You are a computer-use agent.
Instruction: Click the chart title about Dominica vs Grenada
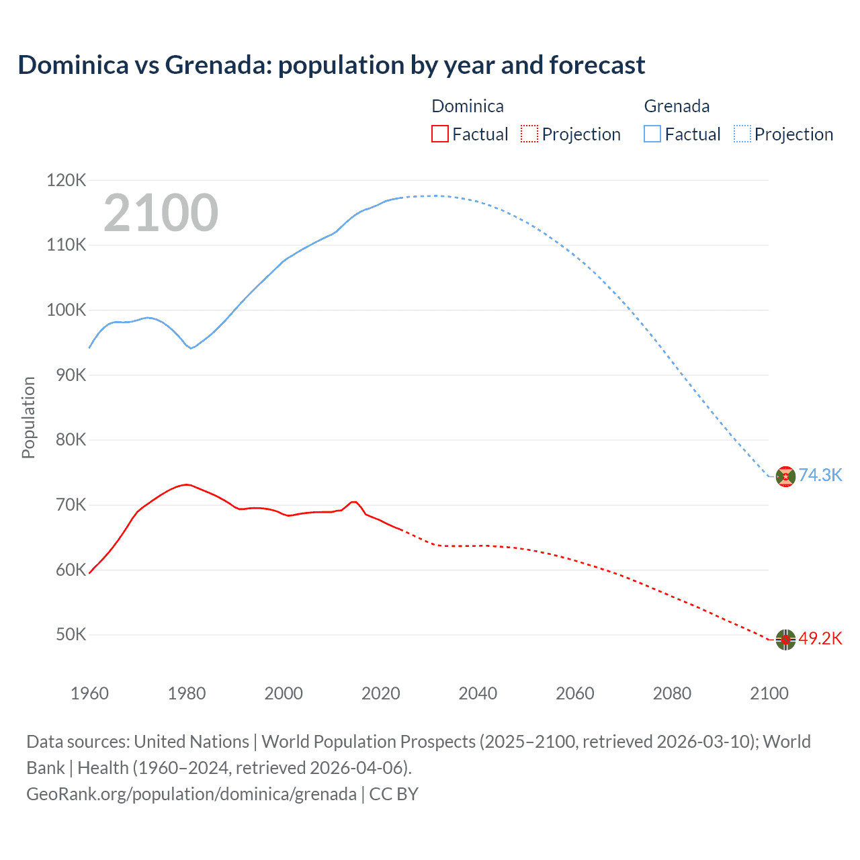pos(331,65)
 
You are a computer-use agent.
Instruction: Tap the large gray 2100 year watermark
pos(161,213)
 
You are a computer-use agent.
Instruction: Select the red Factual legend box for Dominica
pos(439,134)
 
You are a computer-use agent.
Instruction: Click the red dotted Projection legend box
pos(529,134)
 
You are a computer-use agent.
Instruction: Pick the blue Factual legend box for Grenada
pos(652,134)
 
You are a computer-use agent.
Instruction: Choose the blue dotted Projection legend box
pos(742,134)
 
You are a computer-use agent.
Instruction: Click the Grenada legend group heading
pos(677,106)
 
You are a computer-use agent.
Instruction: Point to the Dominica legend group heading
pos(467,106)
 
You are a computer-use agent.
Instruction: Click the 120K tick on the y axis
pos(67,180)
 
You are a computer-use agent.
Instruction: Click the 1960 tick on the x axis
pos(89,693)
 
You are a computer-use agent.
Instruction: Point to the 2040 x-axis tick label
pos(478,693)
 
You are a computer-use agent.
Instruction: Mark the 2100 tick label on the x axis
pos(769,693)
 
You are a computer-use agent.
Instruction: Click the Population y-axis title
pos(28,417)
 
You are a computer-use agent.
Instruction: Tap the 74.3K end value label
pos(820,475)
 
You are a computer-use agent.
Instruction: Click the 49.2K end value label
pos(820,638)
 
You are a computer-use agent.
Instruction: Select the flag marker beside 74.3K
pos(785,476)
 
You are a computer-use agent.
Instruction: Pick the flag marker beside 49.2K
pos(785,640)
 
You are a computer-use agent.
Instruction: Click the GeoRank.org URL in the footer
pos(191,794)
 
